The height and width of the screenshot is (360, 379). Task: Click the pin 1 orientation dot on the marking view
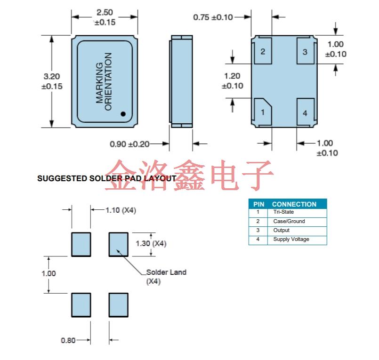pyautogui.click(x=123, y=113)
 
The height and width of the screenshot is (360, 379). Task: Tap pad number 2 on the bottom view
pyautogui.click(x=263, y=51)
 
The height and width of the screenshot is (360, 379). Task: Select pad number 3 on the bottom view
pyautogui.click(x=305, y=51)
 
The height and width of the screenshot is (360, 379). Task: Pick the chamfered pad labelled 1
pyautogui.click(x=263, y=112)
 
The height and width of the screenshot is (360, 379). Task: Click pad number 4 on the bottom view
pyautogui.click(x=305, y=113)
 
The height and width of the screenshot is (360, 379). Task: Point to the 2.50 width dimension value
pyautogui.click(x=105, y=13)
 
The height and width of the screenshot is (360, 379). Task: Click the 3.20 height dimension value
pyautogui.click(x=51, y=76)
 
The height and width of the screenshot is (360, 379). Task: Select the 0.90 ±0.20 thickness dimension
pyautogui.click(x=129, y=144)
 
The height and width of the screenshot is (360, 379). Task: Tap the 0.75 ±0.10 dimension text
pyautogui.click(x=213, y=17)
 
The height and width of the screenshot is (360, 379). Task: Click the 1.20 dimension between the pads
pyautogui.click(x=232, y=76)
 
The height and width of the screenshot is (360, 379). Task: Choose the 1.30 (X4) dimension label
pyautogui.click(x=151, y=244)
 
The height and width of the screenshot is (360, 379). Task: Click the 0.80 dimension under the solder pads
pyautogui.click(x=68, y=340)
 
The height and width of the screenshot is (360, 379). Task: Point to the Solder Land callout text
pyautogui.click(x=166, y=272)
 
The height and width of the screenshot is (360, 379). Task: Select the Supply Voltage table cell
pyautogui.click(x=291, y=240)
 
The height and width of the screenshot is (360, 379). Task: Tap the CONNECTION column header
pyautogui.click(x=294, y=204)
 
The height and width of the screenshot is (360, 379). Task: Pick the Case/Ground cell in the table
pyautogui.click(x=289, y=221)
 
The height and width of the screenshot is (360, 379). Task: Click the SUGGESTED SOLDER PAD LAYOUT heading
pyautogui.click(x=106, y=179)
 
